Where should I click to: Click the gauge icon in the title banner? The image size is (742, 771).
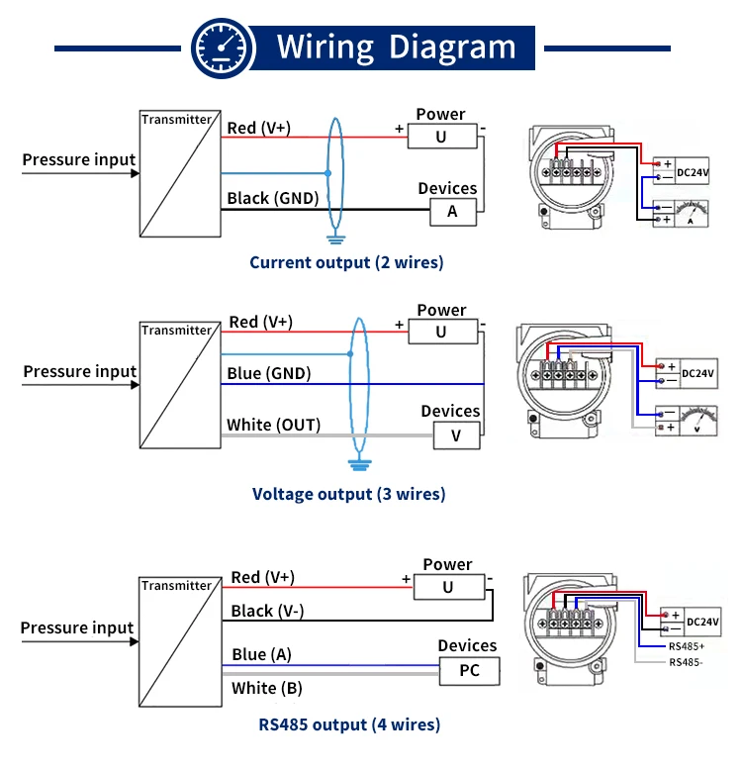point(221,47)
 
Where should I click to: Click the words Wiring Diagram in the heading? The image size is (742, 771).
point(396,47)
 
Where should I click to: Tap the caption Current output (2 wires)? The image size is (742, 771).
point(346,262)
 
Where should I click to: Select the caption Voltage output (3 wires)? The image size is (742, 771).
point(348,494)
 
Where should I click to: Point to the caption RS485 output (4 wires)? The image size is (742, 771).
point(349,724)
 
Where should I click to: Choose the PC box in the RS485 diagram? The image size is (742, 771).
point(469,671)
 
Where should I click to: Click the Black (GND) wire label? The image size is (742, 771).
point(273,198)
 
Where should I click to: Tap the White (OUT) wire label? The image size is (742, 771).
point(274,425)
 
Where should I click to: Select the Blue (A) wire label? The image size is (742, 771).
point(262,654)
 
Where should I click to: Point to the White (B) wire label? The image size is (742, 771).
point(267,688)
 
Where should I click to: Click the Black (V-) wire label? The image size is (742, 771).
point(267,611)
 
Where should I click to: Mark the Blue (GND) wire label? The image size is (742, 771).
point(269,373)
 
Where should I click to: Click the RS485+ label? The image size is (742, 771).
point(687,646)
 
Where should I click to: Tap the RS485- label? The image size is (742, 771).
point(686,662)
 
